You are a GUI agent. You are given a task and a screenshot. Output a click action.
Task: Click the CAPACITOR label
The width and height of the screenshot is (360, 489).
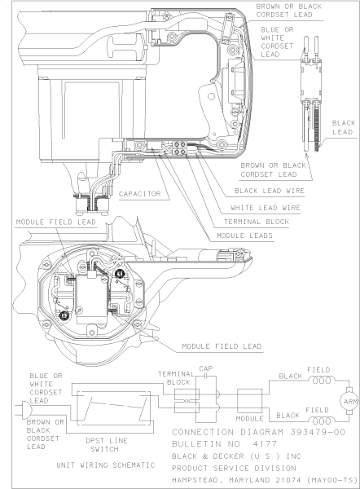(x=143, y=194)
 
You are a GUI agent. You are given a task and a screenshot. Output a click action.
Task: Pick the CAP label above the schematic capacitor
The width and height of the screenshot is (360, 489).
(x=205, y=368)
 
